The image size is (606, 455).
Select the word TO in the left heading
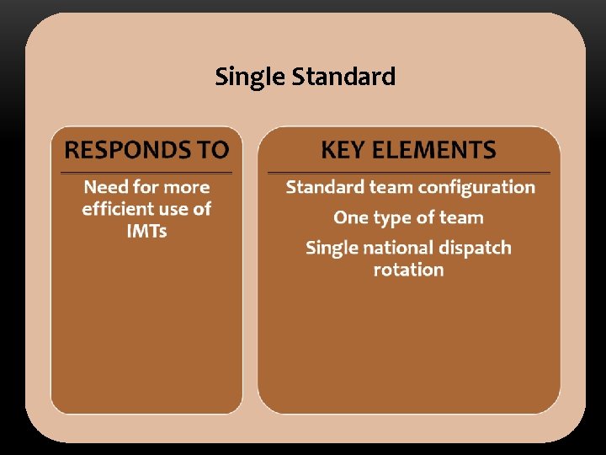tap(213, 150)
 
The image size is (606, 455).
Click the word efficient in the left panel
tap(118, 209)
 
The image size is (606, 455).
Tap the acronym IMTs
tap(146, 231)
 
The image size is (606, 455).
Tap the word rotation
tap(408, 270)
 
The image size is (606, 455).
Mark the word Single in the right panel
tap(331, 249)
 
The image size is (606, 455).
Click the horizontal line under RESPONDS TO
tap(146, 173)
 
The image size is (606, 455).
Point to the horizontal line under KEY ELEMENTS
tap(408, 173)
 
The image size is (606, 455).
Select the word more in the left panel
tap(187, 187)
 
